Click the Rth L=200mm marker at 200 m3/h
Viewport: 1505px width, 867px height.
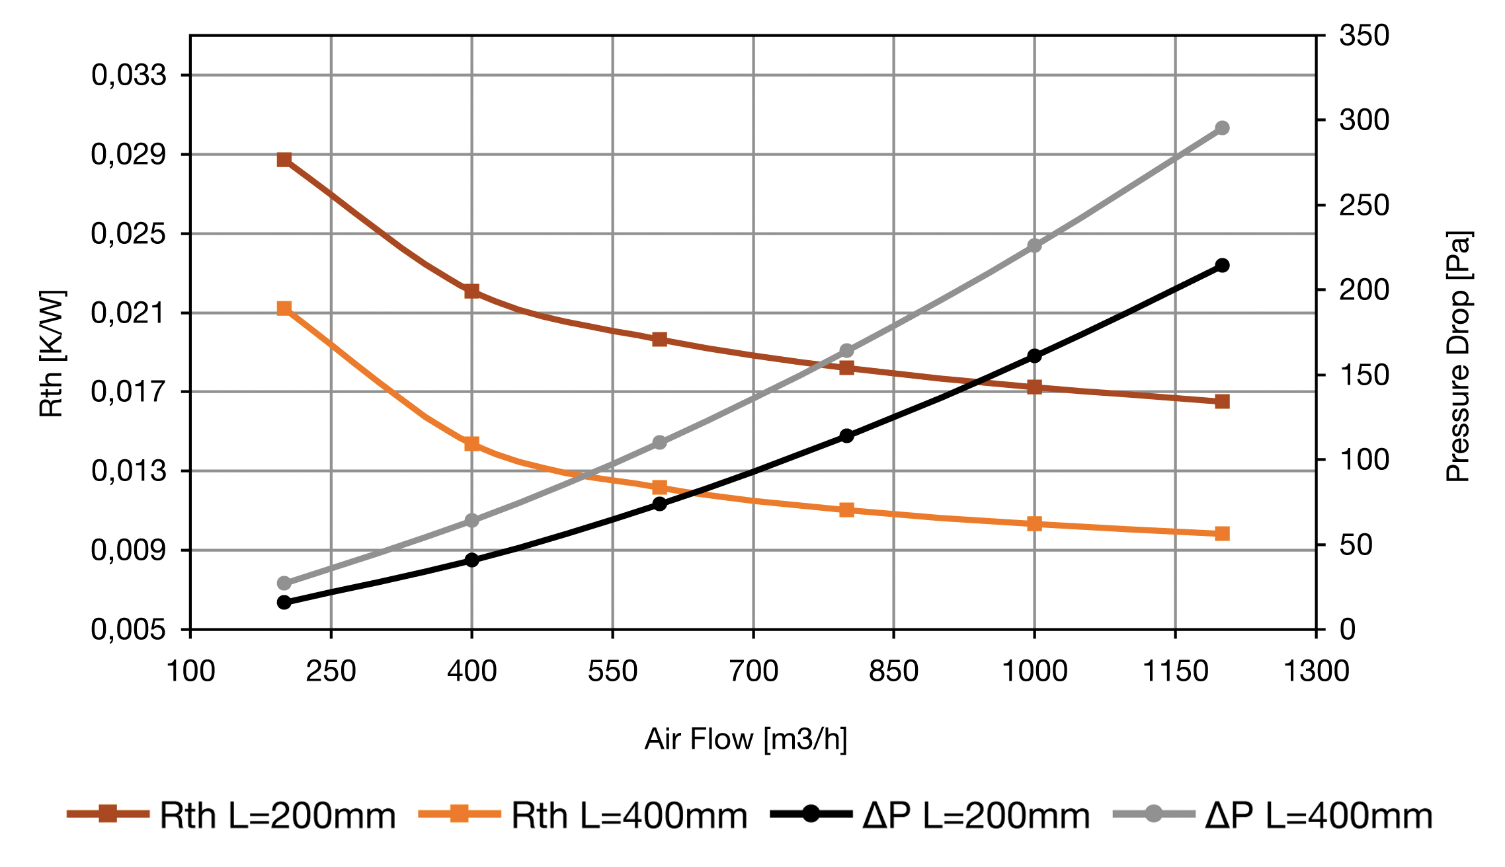[284, 159]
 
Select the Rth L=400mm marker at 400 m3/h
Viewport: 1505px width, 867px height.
[471, 443]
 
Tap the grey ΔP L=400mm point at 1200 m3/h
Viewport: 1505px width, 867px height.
[1222, 128]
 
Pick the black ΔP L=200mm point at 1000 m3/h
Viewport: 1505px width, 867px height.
[1034, 356]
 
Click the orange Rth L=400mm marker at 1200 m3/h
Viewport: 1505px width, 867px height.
[1222, 533]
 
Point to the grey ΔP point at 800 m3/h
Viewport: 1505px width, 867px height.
[847, 350]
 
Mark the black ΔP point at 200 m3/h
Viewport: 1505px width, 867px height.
[284, 602]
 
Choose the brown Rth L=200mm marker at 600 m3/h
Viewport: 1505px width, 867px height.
[659, 339]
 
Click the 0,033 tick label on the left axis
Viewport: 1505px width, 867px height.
[129, 75]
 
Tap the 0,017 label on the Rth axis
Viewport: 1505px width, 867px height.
[129, 392]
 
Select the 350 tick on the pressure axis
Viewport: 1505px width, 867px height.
[1364, 35]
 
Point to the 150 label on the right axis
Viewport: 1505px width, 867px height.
[1364, 375]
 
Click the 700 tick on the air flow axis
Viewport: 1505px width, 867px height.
[753, 671]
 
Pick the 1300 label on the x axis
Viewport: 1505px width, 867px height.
[1316, 671]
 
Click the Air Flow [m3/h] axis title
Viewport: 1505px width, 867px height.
[746, 739]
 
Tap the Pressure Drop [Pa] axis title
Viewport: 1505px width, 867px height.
[1457, 357]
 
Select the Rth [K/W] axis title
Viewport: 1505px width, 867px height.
[52, 354]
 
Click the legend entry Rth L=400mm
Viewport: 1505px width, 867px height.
[629, 815]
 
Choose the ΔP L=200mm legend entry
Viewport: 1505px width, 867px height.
[976, 815]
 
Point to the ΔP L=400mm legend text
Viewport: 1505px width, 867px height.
[1319, 815]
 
